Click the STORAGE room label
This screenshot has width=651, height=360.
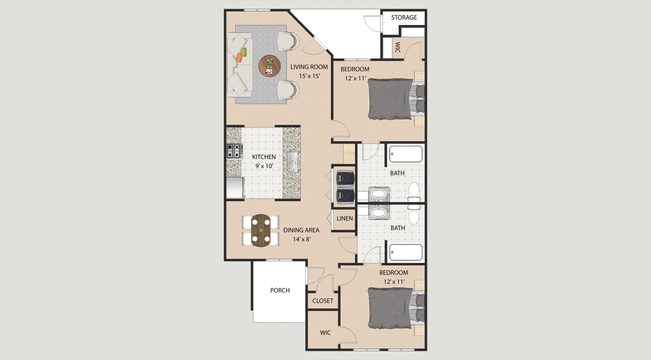[404, 17]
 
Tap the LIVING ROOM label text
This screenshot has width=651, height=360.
[309, 67]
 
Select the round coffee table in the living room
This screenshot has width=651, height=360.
[269, 66]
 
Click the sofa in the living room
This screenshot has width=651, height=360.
[239, 63]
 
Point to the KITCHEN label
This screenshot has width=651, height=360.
[264, 157]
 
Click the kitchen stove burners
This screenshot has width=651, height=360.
[234, 151]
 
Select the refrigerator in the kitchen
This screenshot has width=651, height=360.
[235, 187]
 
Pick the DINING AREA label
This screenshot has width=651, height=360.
[301, 230]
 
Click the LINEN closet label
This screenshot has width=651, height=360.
[344, 218]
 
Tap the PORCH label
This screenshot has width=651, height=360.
[280, 290]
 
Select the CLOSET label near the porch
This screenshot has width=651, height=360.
[322, 301]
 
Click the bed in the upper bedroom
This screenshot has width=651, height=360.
[391, 99]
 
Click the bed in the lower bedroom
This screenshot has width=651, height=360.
[391, 308]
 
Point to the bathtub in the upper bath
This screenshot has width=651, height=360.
[405, 154]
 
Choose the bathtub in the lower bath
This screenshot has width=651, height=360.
[405, 252]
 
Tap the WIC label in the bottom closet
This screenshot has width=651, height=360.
[325, 333]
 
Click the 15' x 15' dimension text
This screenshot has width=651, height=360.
[309, 76]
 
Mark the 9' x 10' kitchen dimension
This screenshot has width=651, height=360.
[264, 166]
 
